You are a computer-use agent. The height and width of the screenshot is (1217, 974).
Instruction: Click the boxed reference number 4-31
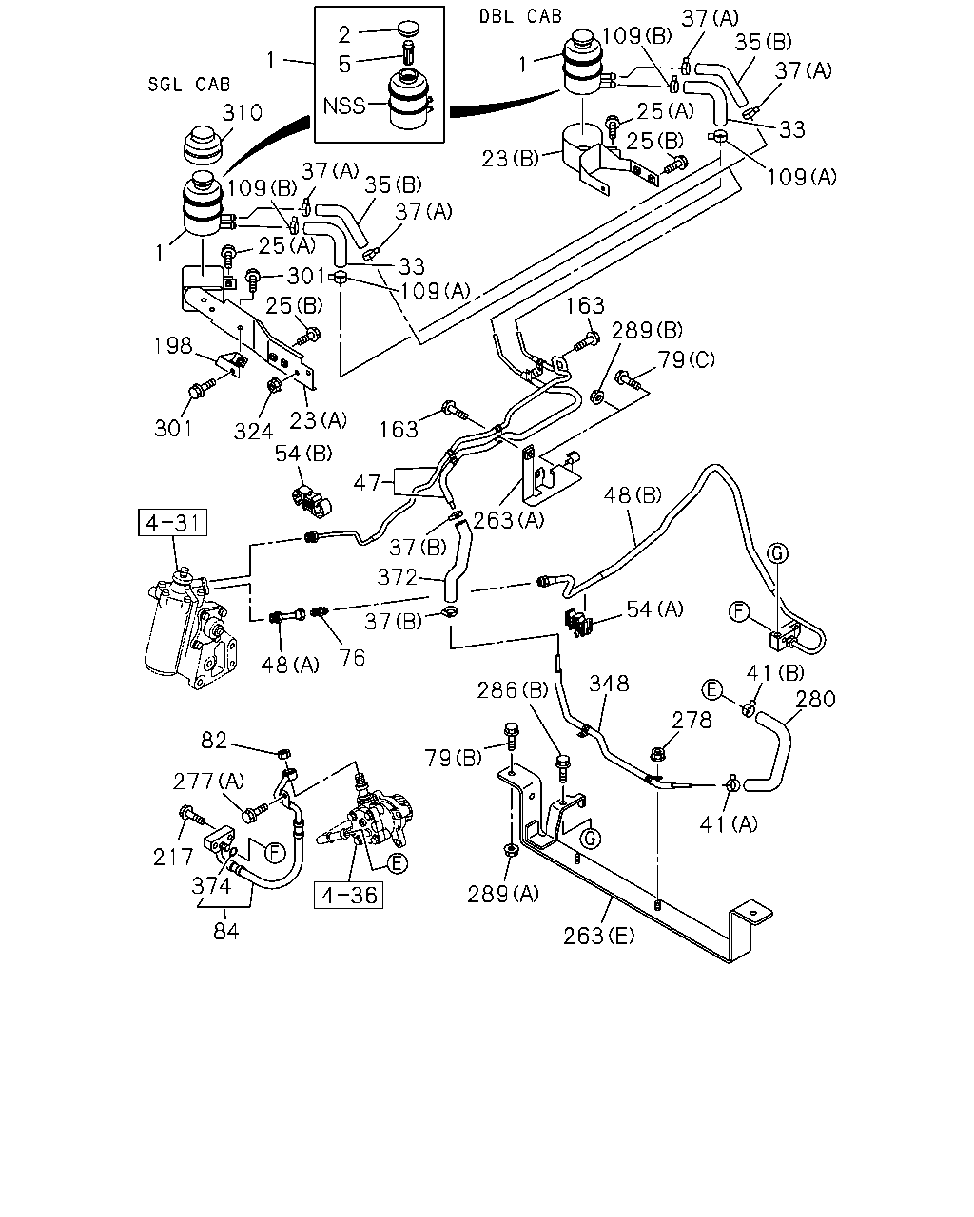(x=172, y=522)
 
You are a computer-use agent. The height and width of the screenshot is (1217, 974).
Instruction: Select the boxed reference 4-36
(x=349, y=895)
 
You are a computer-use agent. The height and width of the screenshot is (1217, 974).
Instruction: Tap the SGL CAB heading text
(x=189, y=85)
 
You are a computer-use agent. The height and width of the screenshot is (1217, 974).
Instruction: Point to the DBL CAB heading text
(x=520, y=16)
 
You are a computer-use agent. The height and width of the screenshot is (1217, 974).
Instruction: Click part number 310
(x=243, y=112)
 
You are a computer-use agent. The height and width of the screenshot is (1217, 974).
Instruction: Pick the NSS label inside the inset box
(x=344, y=106)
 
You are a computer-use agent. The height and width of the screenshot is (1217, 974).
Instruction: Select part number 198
(x=174, y=345)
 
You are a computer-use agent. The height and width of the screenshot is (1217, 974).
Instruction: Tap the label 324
(x=254, y=432)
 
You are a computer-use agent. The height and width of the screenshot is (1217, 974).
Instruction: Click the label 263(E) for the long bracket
(x=599, y=936)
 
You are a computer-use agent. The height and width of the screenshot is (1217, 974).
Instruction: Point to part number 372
(x=398, y=577)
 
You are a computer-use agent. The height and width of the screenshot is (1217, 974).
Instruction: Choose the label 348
(x=609, y=684)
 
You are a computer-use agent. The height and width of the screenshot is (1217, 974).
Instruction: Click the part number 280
(x=815, y=700)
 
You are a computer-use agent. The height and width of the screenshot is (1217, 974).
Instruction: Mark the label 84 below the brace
(x=225, y=931)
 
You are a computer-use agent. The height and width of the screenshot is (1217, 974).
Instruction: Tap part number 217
(x=173, y=858)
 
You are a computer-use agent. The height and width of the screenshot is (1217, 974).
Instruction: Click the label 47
(x=367, y=483)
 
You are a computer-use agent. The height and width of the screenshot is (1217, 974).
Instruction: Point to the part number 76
(x=352, y=658)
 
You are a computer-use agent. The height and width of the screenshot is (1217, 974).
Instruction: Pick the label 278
(x=692, y=720)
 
